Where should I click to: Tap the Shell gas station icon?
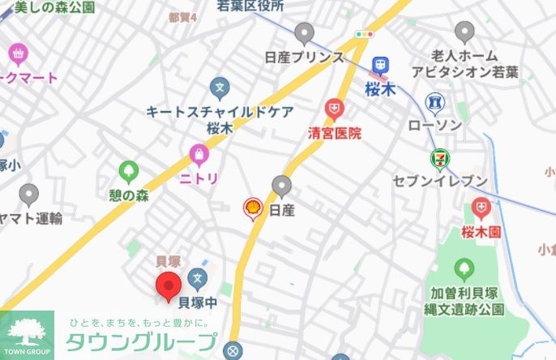click(x=254, y=210)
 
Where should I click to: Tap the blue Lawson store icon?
click(x=435, y=103)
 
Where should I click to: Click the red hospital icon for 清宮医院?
click(x=333, y=109)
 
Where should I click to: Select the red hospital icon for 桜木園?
click(x=481, y=209)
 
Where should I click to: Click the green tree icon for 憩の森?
click(x=128, y=172)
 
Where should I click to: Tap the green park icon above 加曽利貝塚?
click(x=464, y=268)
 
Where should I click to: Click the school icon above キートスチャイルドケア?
click(x=219, y=86)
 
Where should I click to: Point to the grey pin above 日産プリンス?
click(x=304, y=34)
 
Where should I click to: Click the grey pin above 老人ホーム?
click(x=464, y=33)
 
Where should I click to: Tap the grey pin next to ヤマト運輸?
click(x=28, y=195)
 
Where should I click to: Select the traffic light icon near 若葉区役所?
click(x=364, y=34)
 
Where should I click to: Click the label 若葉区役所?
click(x=250, y=6)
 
